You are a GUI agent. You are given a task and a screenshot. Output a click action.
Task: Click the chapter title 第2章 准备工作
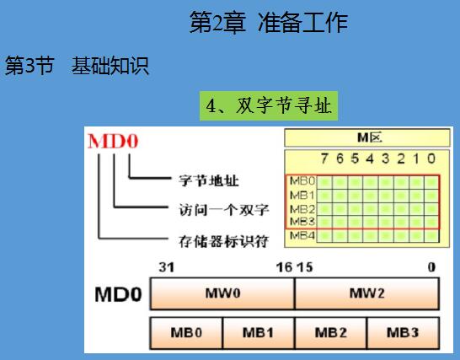269,22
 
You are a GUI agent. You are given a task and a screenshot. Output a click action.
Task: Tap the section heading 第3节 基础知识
77,66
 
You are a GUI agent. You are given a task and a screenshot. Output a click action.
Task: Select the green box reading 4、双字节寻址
269,106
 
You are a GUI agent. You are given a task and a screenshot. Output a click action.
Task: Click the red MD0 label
113,142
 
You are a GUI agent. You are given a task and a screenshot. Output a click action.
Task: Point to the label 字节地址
209,180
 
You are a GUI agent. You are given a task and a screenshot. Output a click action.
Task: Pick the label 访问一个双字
224,210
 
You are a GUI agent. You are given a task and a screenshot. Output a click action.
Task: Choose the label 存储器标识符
224,241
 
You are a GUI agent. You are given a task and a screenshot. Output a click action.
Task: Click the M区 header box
367,137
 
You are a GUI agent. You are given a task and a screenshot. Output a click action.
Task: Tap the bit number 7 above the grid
324,159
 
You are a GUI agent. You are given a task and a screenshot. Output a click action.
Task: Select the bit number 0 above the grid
431,159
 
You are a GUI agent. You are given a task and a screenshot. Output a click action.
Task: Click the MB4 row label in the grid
302,235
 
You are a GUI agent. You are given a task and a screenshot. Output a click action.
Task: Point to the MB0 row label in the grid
302,181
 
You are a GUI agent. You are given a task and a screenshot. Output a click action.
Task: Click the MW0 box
222,293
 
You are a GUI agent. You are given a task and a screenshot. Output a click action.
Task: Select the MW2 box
367,293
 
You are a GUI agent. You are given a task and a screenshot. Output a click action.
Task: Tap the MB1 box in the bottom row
259,333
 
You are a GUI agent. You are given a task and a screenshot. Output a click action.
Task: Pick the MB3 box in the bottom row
403,333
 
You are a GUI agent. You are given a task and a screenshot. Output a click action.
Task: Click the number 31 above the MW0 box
167,267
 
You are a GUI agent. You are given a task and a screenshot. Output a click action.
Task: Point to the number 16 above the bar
284,267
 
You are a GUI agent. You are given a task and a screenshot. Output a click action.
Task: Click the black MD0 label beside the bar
118,294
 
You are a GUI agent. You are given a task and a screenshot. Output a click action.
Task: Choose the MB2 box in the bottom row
331,333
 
